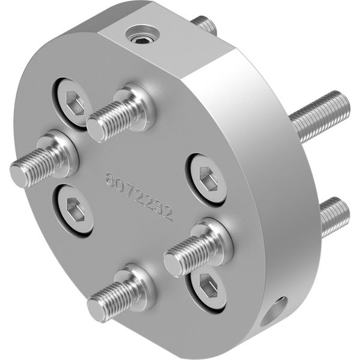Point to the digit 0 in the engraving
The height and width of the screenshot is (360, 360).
coord(121,185)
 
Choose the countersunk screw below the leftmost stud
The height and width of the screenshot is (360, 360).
coord(73,210)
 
